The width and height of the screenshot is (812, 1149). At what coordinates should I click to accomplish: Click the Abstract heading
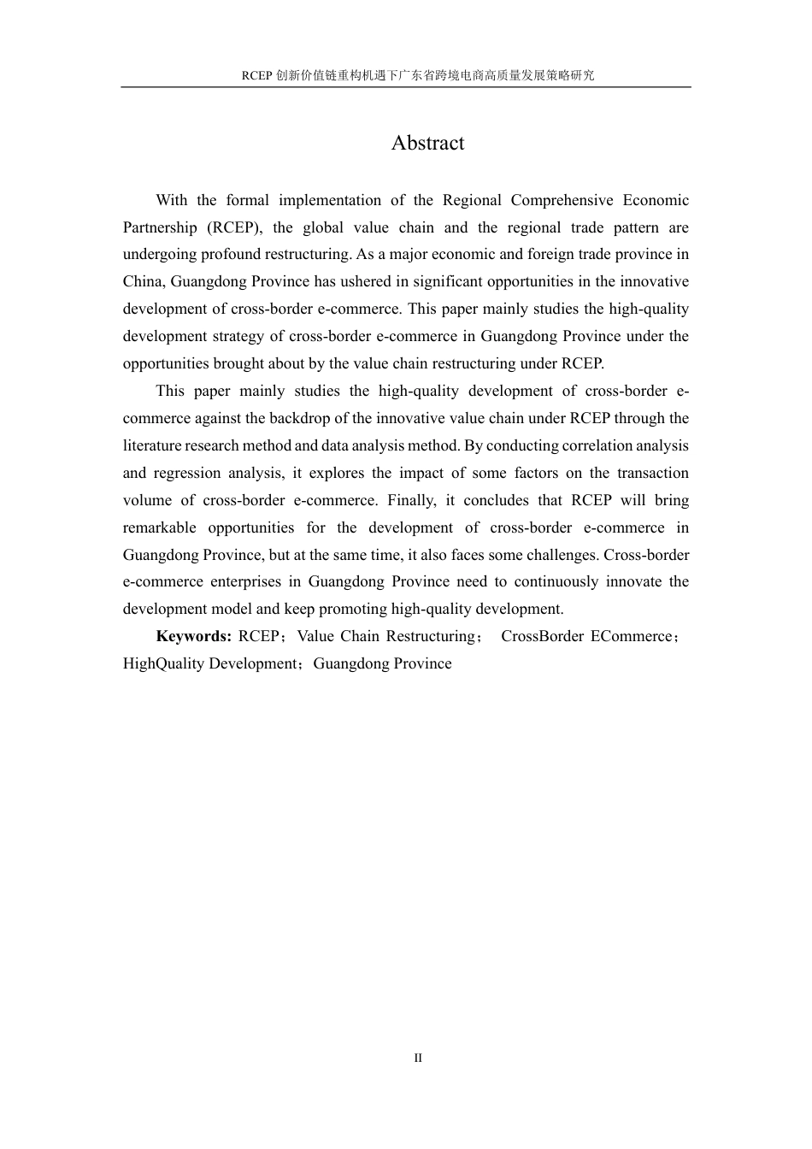(x=427, y=144)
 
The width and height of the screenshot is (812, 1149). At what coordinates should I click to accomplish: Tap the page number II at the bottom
(x=418, y=1058)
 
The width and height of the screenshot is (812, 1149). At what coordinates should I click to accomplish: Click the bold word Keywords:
(x=193, y=636)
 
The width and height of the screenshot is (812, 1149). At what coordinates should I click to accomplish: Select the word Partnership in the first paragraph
(x=160, y=227)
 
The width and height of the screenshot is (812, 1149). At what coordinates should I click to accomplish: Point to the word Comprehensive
(x=565, y=200)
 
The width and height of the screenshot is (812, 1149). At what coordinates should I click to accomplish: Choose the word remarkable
(x=159, y=527)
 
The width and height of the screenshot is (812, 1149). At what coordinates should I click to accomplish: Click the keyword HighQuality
(x=164, y=663)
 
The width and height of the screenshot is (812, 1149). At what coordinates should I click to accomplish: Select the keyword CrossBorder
(x=542, y=636)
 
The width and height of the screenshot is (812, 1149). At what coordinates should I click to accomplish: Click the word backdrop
(x=279, y=418)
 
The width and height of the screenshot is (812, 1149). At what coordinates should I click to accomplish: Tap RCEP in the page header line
(x=256, y=75)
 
